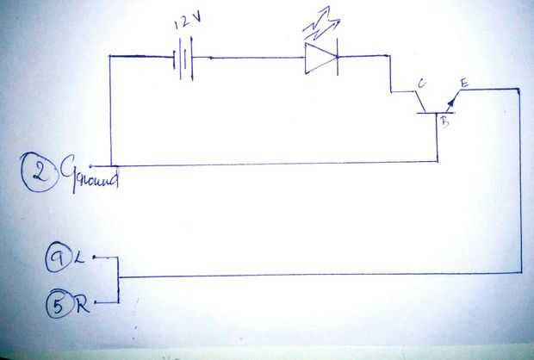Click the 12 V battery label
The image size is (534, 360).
pyautogui.click(x=187, y=23)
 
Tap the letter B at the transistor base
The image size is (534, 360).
pyautogui.click(x=445, y=122)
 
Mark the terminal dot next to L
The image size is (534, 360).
pyautogui.click(x=94, y=257)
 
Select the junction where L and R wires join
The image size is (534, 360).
pyautogui.click(x=118, y=278)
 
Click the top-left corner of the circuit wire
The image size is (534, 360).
pyautogui.click(x=112, y=58)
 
